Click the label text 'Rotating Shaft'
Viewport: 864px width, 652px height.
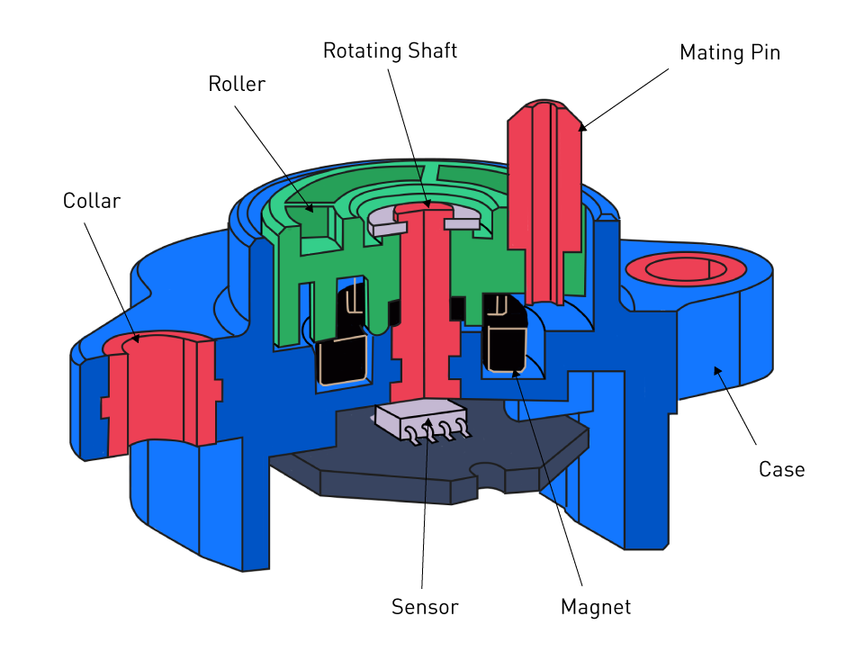tap(390, 50)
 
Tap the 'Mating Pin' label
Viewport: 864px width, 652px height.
tap(729, 52)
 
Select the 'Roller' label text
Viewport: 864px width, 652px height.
tap(237, 84)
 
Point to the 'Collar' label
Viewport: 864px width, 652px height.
tap(91, 200)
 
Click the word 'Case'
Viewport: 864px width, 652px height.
tap(780, 469)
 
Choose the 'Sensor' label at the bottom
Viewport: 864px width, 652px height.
tap(424, 607)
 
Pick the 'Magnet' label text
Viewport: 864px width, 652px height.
tap(595, 607)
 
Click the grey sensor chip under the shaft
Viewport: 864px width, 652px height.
tap(420, 420)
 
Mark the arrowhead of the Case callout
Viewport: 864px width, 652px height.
tap(717, 369)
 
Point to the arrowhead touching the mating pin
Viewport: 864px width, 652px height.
tap(581, 127)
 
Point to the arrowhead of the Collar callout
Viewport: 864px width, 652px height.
tap(135, 340)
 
